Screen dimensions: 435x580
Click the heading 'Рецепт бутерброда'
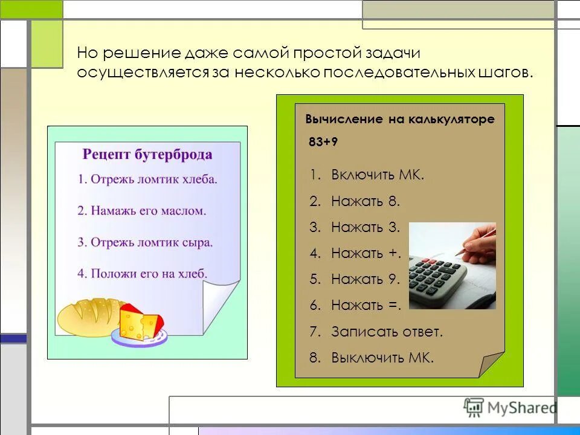(147, 155)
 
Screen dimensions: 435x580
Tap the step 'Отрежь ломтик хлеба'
(147, 179)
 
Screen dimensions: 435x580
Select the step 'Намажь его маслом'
(142, 211)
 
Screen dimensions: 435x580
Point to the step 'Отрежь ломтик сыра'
(145, 242)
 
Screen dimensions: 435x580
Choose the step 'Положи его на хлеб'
(143, 274)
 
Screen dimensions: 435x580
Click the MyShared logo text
(518, 408)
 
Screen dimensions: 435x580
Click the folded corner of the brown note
(491, 364)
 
